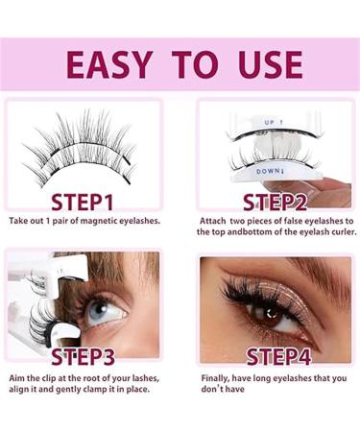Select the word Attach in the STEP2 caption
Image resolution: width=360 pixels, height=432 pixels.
[x=213, y=221]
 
